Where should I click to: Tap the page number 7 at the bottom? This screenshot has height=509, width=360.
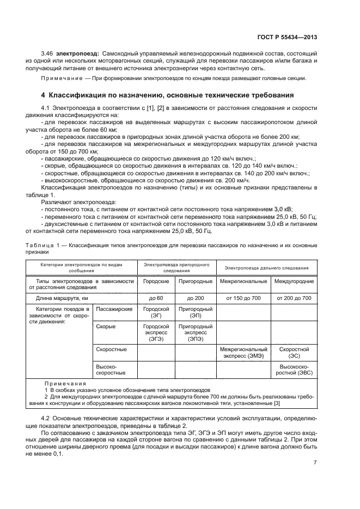[x=315, y=463]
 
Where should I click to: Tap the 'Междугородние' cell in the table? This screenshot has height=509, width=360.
[x=294, y=281]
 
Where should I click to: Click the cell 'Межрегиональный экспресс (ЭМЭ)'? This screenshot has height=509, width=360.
[x=243, y=352]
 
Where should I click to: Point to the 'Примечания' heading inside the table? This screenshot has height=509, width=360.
[x=62, y=384]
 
